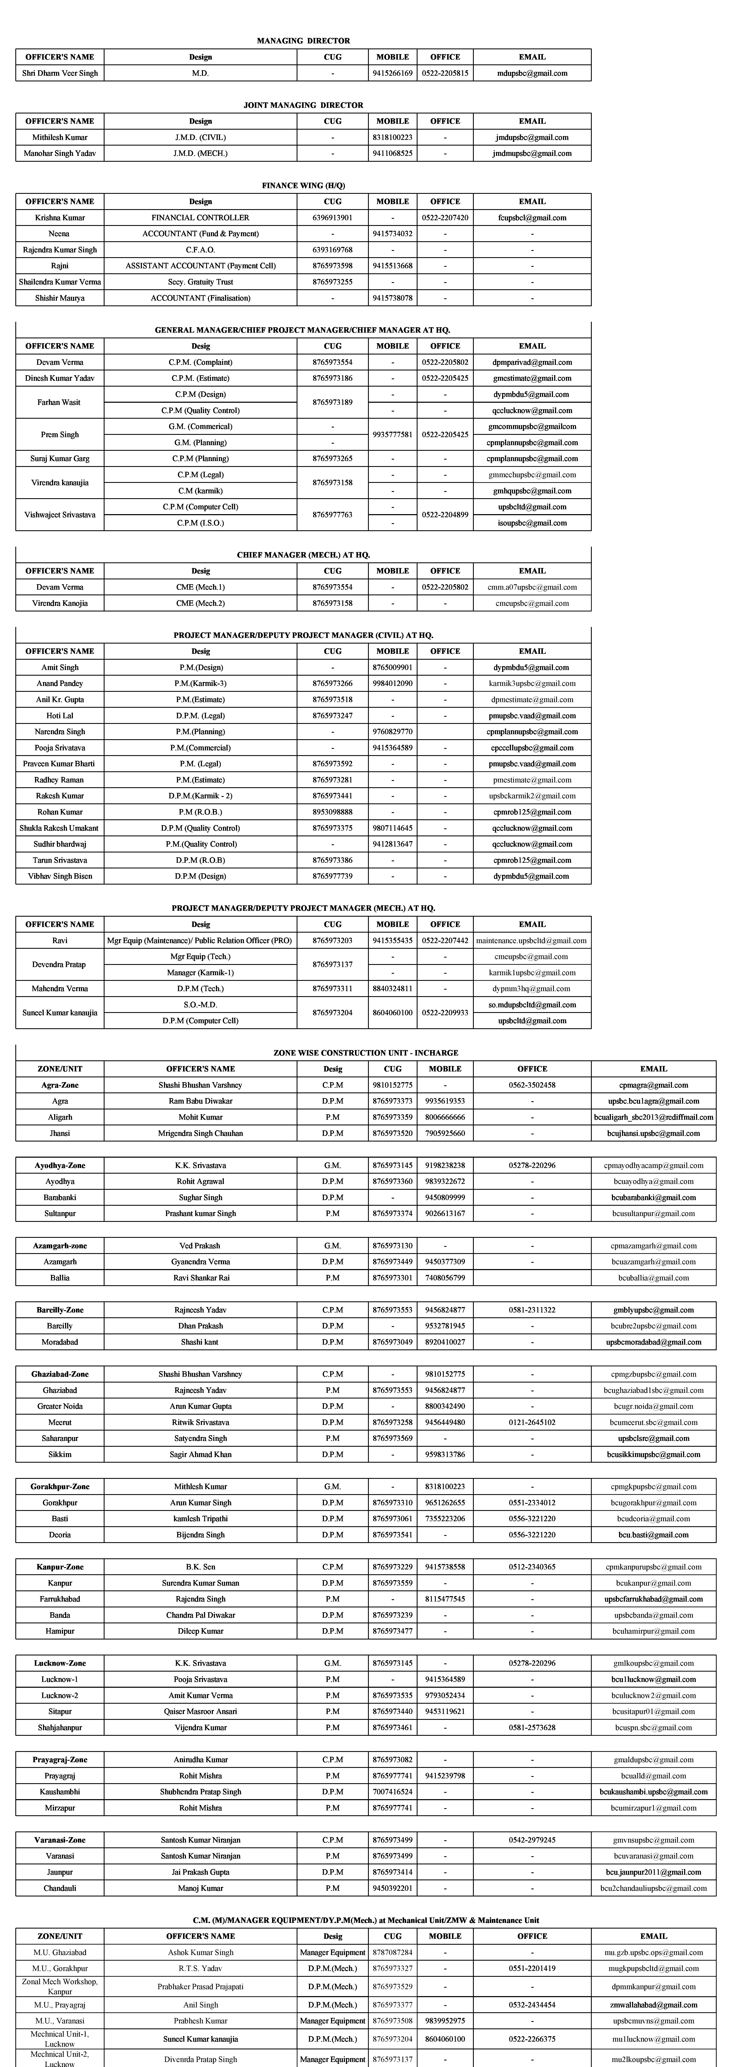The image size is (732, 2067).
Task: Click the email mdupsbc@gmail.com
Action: [x=532, y=73]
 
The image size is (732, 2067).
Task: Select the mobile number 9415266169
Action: [x=393, y=73]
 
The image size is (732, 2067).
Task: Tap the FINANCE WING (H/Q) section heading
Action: [x=303, y=185]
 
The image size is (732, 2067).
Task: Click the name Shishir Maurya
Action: [x=59, y=298]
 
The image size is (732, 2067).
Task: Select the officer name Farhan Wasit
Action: [x=59, y=402]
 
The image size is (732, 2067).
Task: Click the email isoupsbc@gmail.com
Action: [x=532, y=522]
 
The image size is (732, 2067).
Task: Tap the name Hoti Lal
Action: [x=59, y=715]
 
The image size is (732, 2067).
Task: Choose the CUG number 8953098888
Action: [x=332, y=811]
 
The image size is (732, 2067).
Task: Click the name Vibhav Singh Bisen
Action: [x=59, y=875]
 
